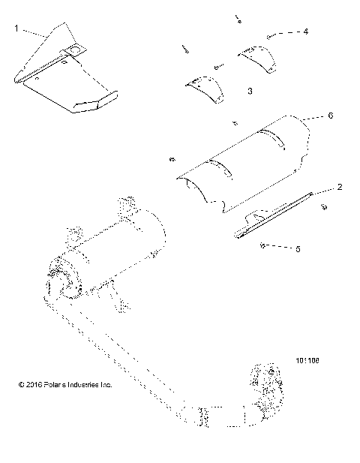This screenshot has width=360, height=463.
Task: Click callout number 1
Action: pyautogui.click(x=16, y=29)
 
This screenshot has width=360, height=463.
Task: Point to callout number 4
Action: pyautogui.click(x=305, y=32)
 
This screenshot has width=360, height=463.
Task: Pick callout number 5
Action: pyautogui.click(x=298, y=248)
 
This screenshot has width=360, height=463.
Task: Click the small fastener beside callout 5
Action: pyautogui.click(x=263, y=245)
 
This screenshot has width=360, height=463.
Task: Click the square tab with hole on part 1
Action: pyautogui.click(x=76, y=50)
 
